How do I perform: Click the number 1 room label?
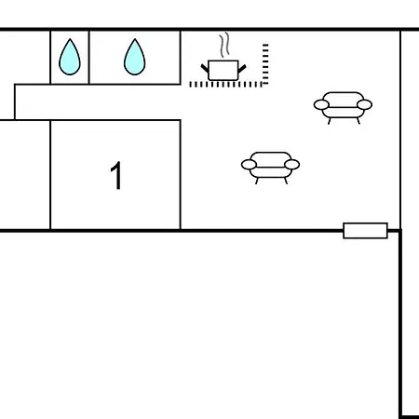pos(116,175)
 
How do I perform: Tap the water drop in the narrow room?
pos(70,58)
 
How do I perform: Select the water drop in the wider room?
pos(134,58)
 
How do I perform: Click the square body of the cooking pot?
pos(223,71)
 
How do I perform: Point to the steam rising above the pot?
pos(225,45)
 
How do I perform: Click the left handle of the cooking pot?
pos(205,68)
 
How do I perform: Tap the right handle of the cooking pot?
pos(242,68)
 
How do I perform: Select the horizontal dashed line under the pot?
pos(226,85)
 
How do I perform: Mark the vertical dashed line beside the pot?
pos(265,64)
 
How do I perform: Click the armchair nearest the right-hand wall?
pos(343,107)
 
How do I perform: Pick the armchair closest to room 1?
pos(270,168)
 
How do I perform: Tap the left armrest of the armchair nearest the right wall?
pos(321,105)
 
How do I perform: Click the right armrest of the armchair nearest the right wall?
pos(364,105)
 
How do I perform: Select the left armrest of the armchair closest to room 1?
pos(249,165)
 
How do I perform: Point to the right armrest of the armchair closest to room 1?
pos(291,165)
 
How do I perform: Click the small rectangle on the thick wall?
pos(365,231)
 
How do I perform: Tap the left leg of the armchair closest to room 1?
pos(257,181)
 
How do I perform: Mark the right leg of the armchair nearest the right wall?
pos(358,121)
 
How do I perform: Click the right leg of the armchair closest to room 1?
pos(286,181)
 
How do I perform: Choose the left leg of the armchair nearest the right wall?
pos(330,121)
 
